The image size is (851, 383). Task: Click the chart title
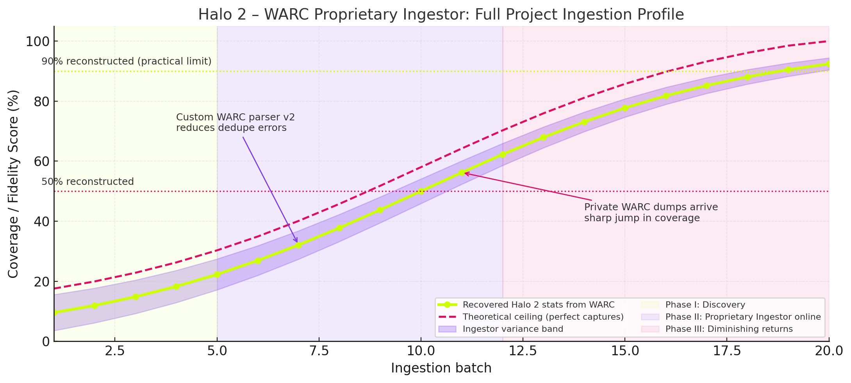coord(441,15)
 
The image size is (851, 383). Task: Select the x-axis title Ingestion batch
coord(441,368)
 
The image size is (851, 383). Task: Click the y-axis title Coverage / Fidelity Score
coord(13,184)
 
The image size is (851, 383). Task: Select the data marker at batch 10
coord(421,191)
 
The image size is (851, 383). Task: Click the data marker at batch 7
coord(298,245)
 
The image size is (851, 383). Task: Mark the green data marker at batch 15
coord(625,108)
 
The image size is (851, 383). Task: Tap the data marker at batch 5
coord(217,274)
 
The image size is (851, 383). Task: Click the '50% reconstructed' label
coord(87,182)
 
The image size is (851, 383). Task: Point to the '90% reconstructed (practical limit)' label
coord(127,61)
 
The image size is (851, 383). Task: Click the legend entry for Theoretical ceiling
coord(543,317)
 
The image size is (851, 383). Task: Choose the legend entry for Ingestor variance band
coord(512,329)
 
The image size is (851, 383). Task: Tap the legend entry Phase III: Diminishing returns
coord(729,329)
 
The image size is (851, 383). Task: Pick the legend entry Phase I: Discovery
coord(705,305)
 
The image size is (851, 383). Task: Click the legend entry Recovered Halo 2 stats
coord(538,305)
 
